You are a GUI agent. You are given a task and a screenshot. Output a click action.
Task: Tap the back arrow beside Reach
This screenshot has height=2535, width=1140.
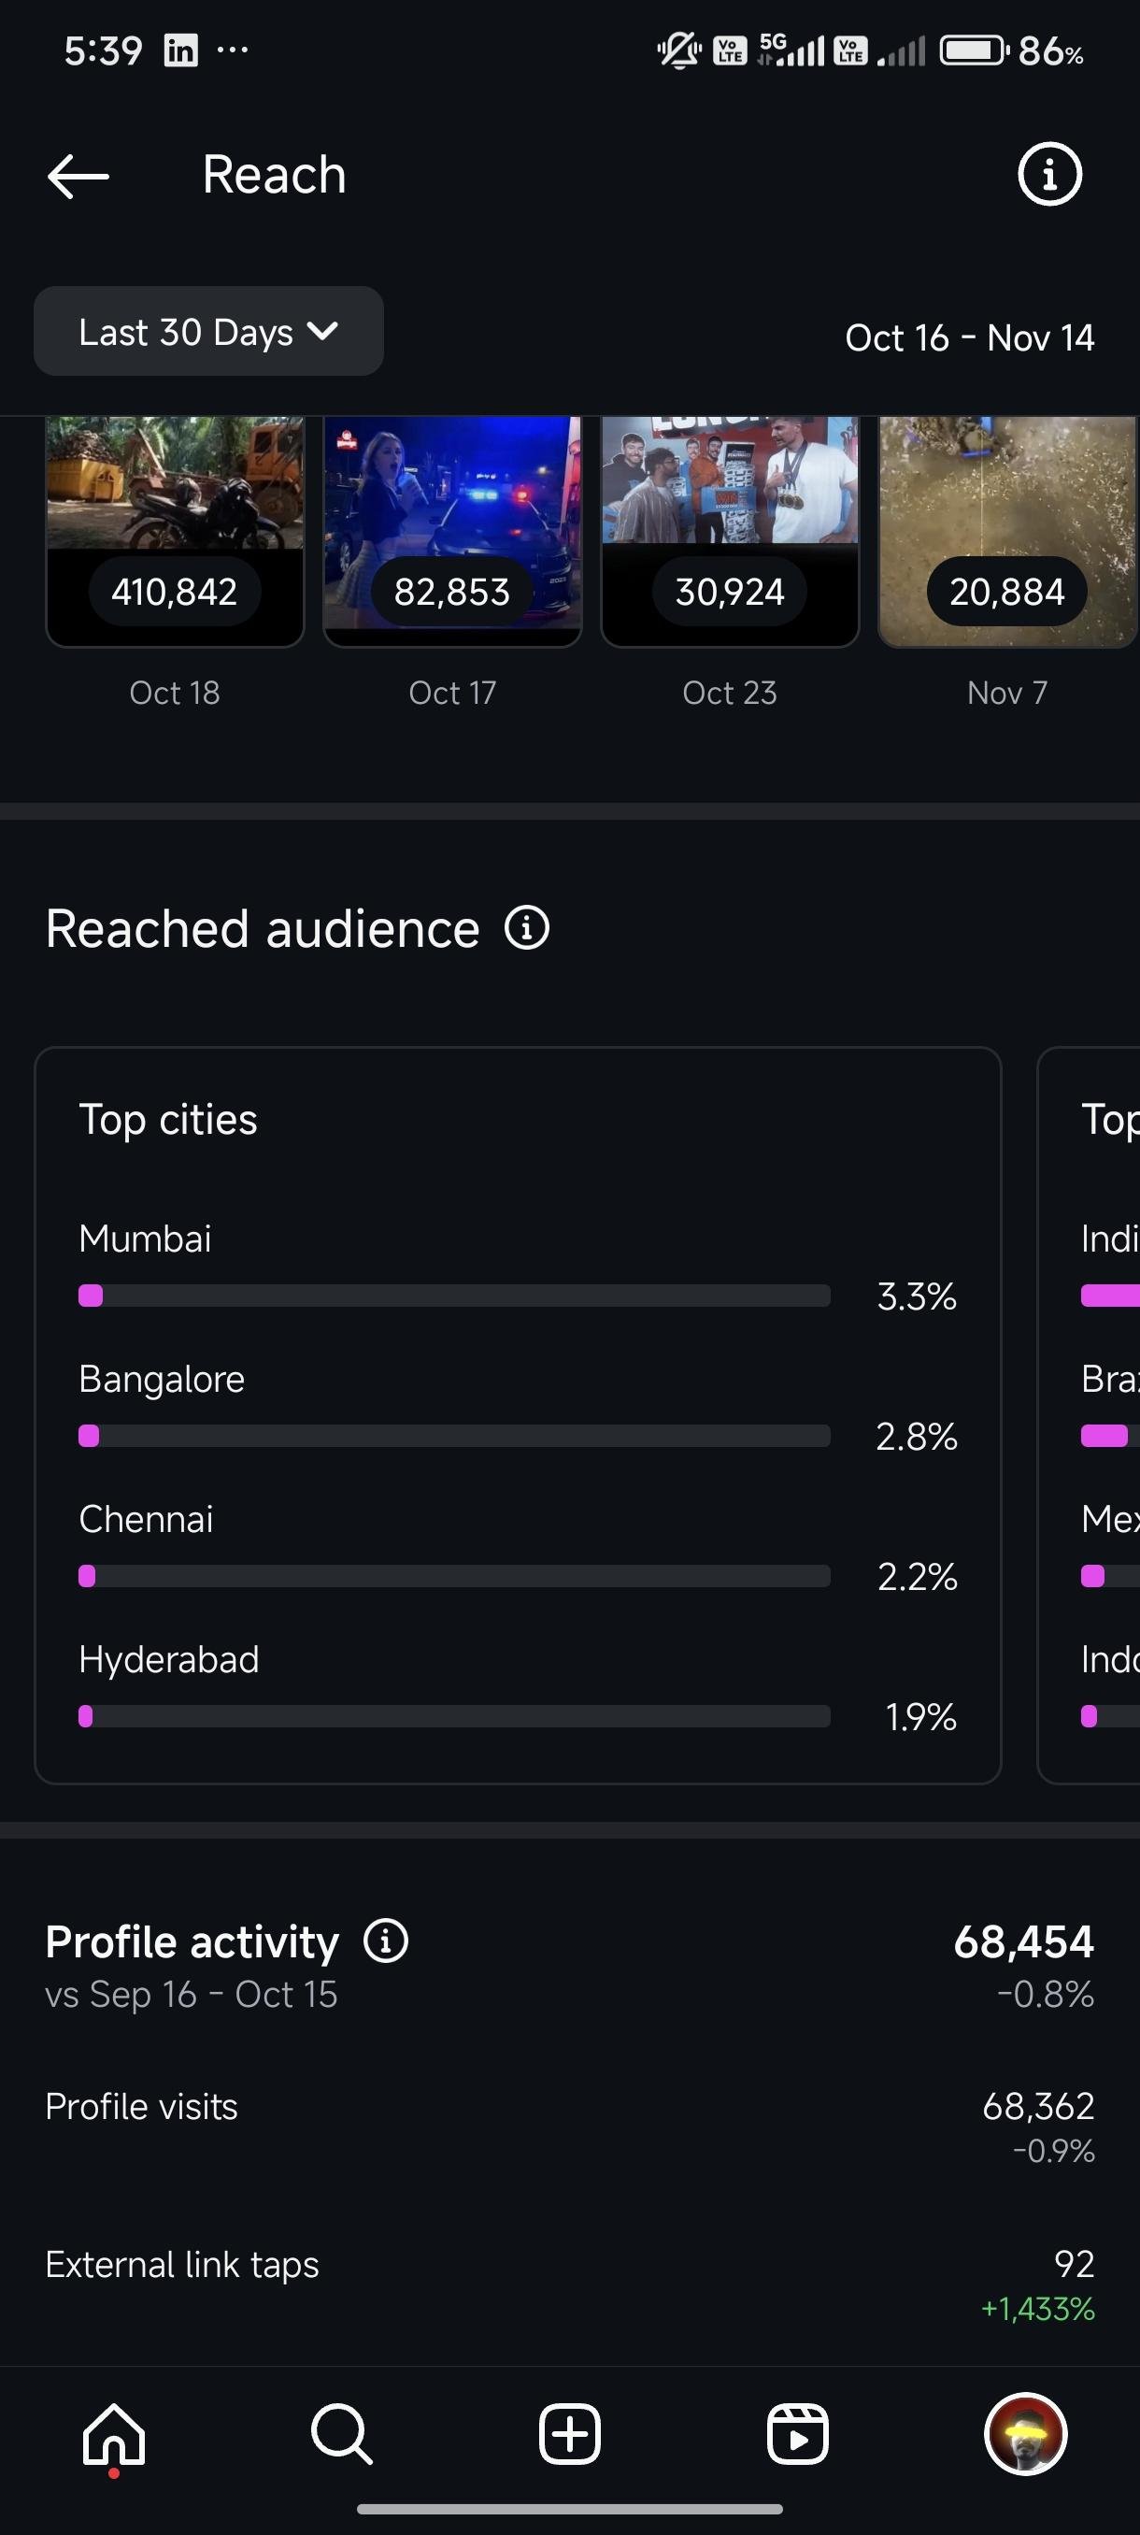click(78, 176)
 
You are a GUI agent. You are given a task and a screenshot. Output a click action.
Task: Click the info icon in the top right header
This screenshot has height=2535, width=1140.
click(1048, 175)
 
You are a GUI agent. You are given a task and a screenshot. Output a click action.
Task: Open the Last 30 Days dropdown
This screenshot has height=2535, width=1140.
click(208, 332)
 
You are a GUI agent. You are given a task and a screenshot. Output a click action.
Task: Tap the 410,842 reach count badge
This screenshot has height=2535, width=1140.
click(174, 592)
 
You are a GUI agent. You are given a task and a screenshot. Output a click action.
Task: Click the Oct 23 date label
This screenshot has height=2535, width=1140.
click(729, 693)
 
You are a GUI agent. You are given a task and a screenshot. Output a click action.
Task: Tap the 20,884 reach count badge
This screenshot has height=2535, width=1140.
click(1006, 592)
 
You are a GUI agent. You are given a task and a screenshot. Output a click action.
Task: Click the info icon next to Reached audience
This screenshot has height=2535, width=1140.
click(526, 928)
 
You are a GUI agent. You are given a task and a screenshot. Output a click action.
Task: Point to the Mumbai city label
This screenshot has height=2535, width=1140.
click(145, 1238)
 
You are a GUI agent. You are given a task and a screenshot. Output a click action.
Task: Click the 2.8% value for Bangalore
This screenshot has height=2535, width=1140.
click(916, 1437)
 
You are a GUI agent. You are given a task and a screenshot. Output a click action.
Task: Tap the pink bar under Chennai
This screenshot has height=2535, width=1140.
click(88, 1577)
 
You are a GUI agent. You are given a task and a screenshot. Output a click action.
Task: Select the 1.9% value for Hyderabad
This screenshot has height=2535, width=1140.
click(919, 1717)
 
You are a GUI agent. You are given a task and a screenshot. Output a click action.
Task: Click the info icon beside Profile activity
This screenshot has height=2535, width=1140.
click(386, 1941)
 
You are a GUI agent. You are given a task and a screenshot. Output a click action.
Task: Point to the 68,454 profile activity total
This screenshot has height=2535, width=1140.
click(1023, 1941)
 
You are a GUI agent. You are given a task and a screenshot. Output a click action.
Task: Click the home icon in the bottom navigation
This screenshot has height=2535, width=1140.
click(114, 2435)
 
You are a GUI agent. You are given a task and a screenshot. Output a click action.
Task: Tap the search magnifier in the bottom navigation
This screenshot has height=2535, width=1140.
click(341, 2435)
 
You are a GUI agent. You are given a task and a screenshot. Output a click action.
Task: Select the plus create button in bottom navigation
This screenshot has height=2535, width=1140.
click(569, 2435)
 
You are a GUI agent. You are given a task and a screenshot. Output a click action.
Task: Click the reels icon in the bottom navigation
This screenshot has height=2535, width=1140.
click(797, 2435)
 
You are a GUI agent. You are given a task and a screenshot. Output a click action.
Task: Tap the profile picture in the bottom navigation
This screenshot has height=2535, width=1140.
click(1025, 2435)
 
